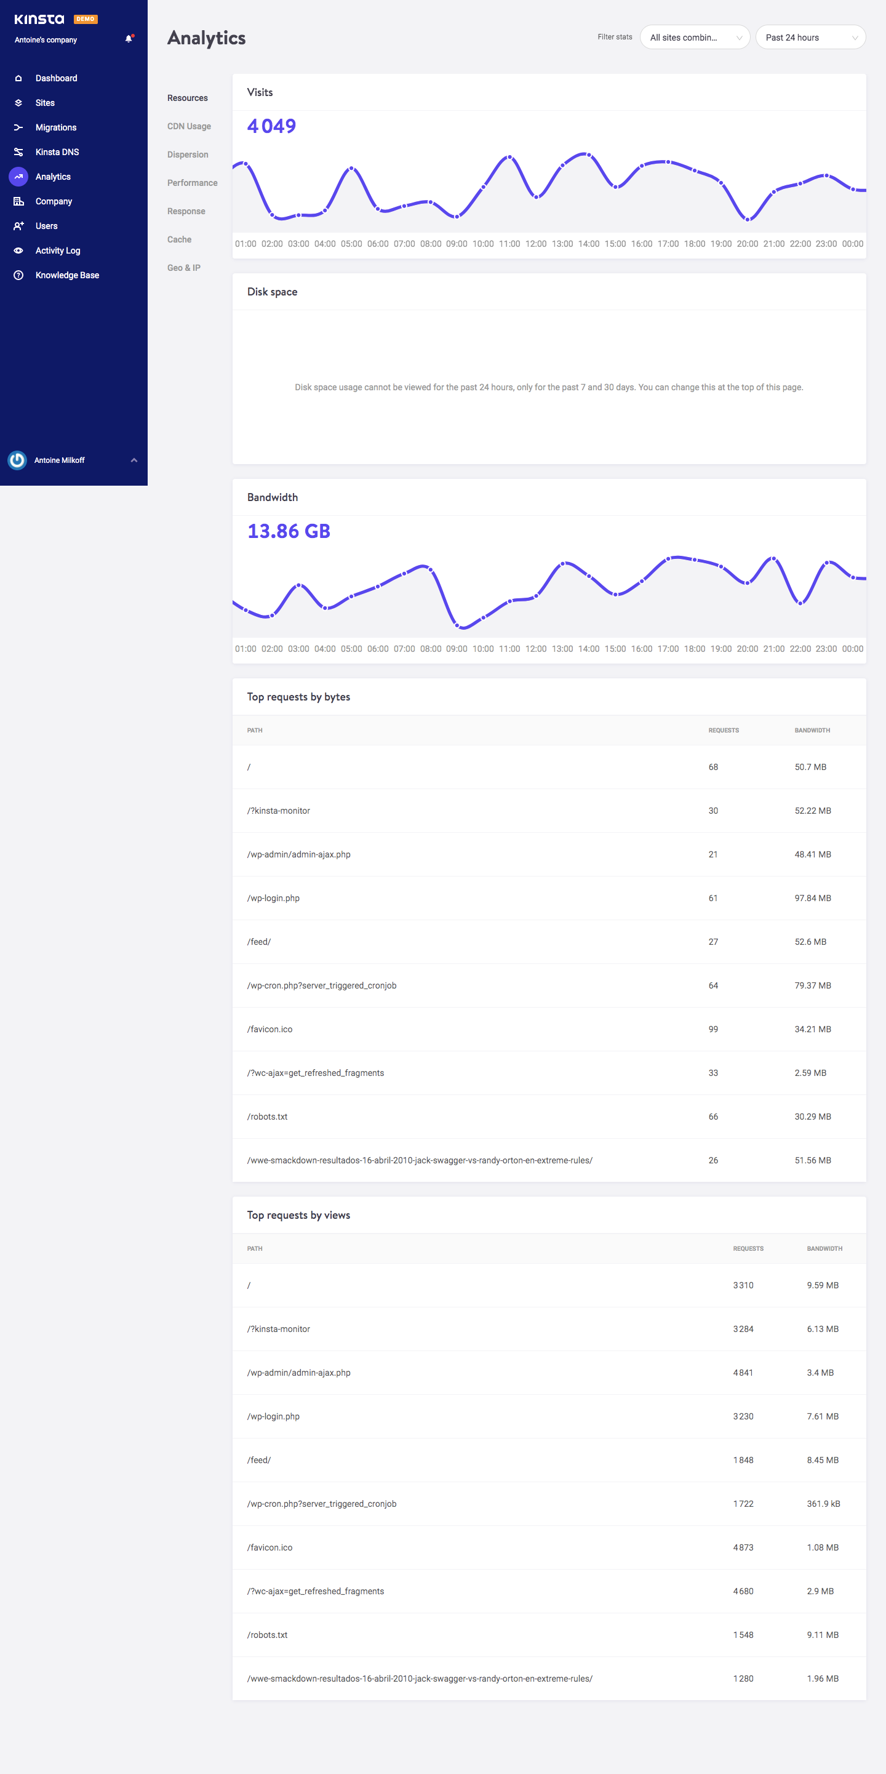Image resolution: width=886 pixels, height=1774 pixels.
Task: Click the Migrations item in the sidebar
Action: (x=55, y=127)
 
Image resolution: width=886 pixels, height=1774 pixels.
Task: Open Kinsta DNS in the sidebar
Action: (x=57, y=152)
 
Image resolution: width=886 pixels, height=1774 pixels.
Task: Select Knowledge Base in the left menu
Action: (x=67, y=276)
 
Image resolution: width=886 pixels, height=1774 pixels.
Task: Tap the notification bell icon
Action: (x=129, y=39)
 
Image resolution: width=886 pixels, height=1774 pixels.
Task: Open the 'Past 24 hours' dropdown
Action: (x=810, y=38)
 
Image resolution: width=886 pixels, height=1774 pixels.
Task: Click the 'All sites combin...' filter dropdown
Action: (x=695, y=38)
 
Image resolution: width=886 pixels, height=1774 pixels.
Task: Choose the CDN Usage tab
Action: (x=189, y=127)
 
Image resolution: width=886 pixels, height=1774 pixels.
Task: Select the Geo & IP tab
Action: (x=184, y=268)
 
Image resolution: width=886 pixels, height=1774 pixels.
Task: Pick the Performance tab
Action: (x=192, y=183)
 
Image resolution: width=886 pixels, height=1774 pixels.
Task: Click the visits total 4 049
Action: (x=271, y=126)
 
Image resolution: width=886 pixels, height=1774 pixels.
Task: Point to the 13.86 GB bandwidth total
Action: (x=289, y=531)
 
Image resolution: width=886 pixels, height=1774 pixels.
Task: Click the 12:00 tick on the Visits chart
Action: (x=535, y=244)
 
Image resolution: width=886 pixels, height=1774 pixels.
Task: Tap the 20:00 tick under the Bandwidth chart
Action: (x=747, y=649)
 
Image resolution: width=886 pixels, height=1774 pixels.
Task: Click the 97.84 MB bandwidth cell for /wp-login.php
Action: (x=812, y=898)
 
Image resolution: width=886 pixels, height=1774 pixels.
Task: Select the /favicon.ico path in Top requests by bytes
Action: (x=270, y=1030)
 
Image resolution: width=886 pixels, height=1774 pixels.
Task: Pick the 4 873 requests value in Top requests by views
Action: (x=743, y=1547)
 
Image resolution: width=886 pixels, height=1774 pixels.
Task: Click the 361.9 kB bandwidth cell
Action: (x=823, y=1504)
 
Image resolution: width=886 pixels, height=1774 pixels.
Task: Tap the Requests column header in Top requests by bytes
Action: (x=724, y=730)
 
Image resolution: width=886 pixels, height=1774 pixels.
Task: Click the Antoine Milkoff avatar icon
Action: (x=17, y=460)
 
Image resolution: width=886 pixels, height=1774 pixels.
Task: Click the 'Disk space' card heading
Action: (x=272, y=292)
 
